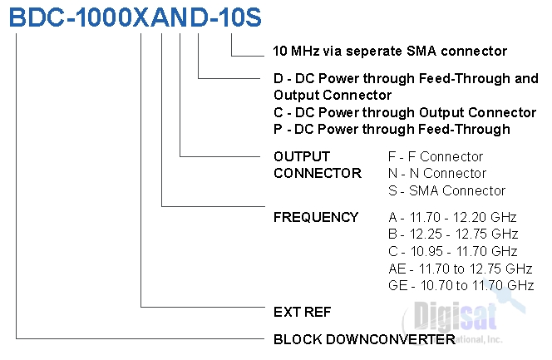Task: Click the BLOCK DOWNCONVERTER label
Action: [364, 339]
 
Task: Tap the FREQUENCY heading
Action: [315, 218]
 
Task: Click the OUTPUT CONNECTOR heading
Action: [317, 165]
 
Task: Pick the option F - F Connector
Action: [436, 156]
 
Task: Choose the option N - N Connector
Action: [437, 173]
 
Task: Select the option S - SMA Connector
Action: [446, 190]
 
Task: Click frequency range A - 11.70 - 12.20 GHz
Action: [452, 218]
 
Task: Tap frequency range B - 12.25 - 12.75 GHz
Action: [453, 234]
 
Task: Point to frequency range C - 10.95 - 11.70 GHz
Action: [453, 251]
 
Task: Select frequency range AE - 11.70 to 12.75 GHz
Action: [460, 269]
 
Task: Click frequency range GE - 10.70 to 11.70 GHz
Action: [461, 285]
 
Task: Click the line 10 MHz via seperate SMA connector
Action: [389, 52]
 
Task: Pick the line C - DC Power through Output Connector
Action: [404, 112]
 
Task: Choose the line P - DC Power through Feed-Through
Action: [391, 129]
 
